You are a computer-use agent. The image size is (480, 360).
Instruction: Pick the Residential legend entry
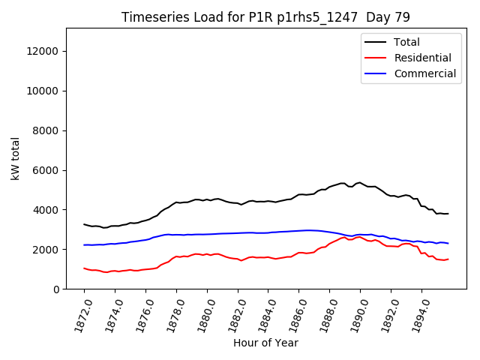(x=423, y=58)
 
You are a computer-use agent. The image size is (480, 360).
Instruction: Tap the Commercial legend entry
(x=424, y=73)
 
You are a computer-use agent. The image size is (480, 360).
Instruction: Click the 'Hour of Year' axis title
(x=265, y=343)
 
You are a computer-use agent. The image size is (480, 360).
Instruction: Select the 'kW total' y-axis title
(x=15, y=159)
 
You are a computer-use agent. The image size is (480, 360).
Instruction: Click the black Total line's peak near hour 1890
(x=360, y=182)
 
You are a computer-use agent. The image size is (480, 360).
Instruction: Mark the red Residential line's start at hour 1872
(x=85, y=268)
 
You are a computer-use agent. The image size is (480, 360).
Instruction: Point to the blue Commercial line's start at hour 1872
(x=85, y=244)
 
